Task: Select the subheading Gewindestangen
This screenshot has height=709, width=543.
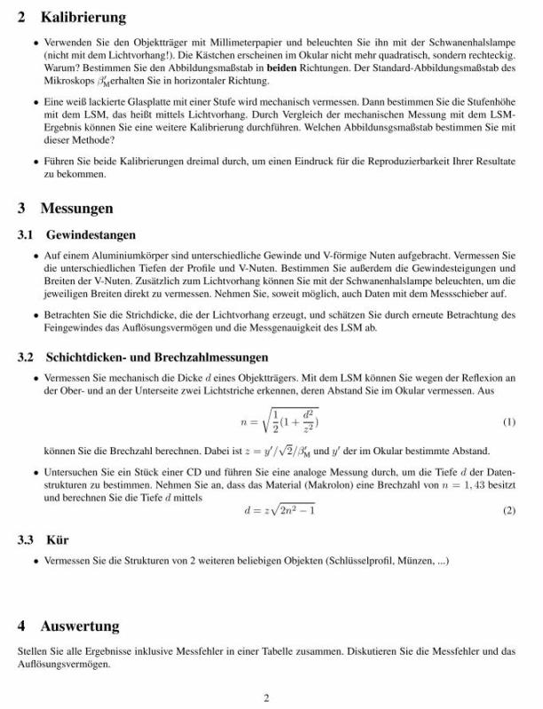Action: pos(91,235)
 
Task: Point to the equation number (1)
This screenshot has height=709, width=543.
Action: pos(508,421)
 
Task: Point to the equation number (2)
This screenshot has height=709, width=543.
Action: pos(508,511)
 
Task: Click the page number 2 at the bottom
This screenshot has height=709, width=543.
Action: pos(266,697)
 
